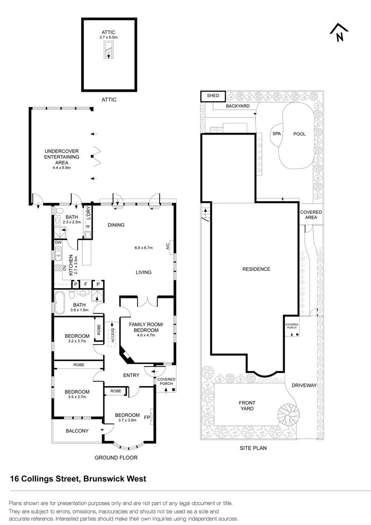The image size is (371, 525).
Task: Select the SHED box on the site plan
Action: tap(213, 96)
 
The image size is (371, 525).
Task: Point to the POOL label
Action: tap(299, 134)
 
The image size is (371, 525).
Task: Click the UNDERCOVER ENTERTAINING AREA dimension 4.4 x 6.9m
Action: tap(62, 168)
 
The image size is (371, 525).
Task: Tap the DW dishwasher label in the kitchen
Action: tap(58, 242)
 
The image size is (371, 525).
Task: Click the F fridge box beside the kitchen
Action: tap(86, 284)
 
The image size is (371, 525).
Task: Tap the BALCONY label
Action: tap(77, 431)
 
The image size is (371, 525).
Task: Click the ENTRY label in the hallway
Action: tap(131, 375)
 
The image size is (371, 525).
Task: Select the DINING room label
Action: tap(116, 225)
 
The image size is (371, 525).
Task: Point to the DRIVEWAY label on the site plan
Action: tap(304, 385)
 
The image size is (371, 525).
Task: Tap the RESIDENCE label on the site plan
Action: tap(257, 269)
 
